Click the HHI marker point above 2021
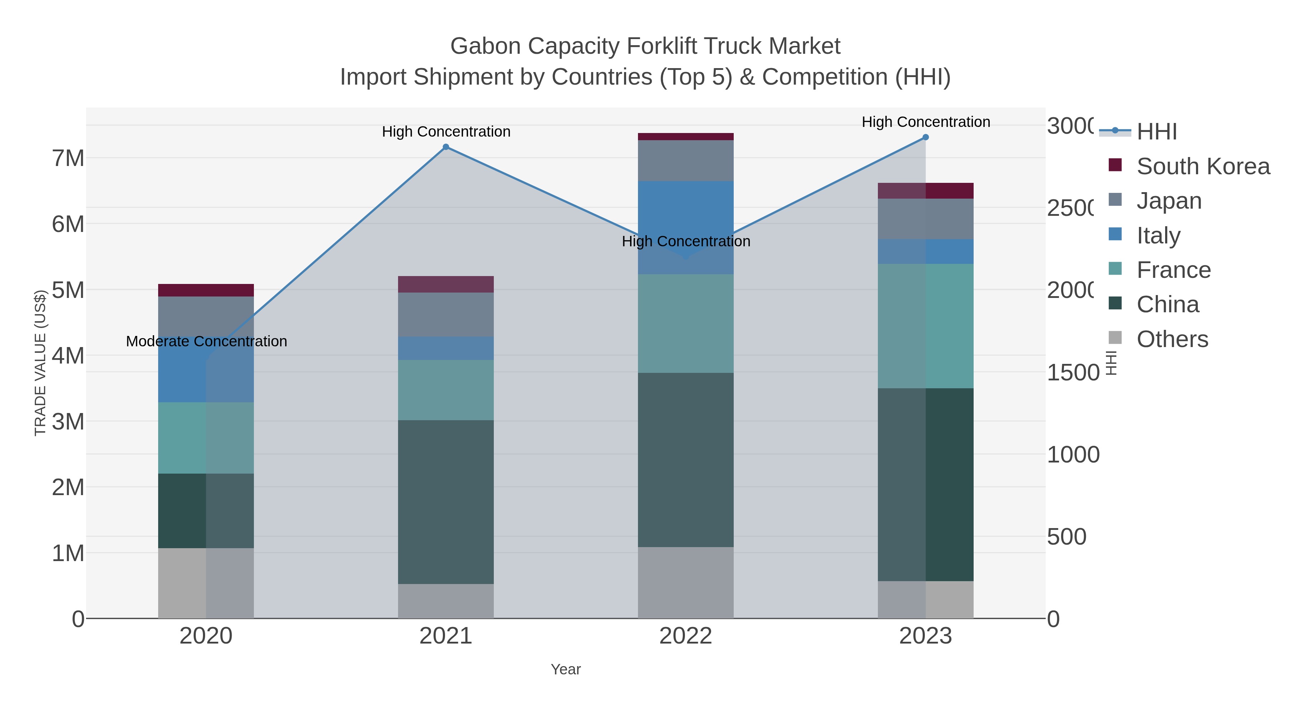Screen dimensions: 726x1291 tap(445, 147)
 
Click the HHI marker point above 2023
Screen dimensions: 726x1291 tap(925, 137)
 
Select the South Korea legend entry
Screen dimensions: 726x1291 tap(1203, 166)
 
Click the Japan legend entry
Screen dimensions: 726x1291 tap(1169, 201)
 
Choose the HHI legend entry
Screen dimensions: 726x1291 tap(1157, 132)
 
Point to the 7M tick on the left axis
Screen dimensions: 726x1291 tap(68, 158)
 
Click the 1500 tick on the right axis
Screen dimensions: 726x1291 tap(1073, 373)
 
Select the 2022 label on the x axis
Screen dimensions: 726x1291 tap(685, 636)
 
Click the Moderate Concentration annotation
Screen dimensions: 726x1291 tap(207, 342)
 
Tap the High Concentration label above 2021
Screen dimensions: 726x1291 tap(446, 132)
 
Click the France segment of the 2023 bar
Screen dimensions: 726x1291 tap(925, 326)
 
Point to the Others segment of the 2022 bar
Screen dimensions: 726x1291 tap(685, 582)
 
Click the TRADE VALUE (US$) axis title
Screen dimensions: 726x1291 tap(40, 363)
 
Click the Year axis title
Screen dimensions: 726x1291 tap(565, 669)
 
